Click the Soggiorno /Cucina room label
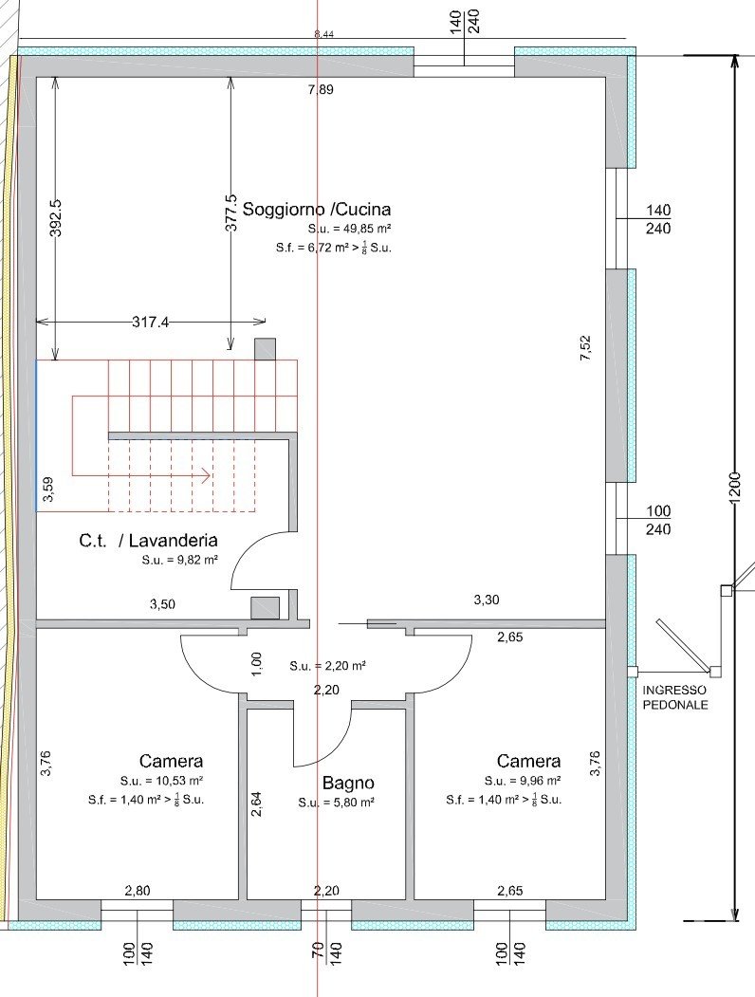click(x=317, y=210)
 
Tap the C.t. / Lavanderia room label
click(x=148, y=541)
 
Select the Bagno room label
click(x=348, y=783)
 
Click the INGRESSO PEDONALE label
click(x=675, y=697)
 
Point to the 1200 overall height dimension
click(x=735, y=489)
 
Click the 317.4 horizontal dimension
click(x=151, y=323)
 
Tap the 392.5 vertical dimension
click(x=56, y=217)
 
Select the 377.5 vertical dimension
click(x=230, y=213)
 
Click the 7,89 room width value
click(x=321, y=90)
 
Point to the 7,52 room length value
click(x=585, y=348)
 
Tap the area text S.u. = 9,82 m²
click(x=180, y=561)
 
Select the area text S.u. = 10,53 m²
click(x=162, y=780)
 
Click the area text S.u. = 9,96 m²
click(x=523, y=780)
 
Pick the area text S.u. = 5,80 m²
click(x=336, y=803)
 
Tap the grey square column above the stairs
click(x=265, y=349)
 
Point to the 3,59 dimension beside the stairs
click(x=48, y=489)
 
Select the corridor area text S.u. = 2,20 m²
click(x=328, y=666)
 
